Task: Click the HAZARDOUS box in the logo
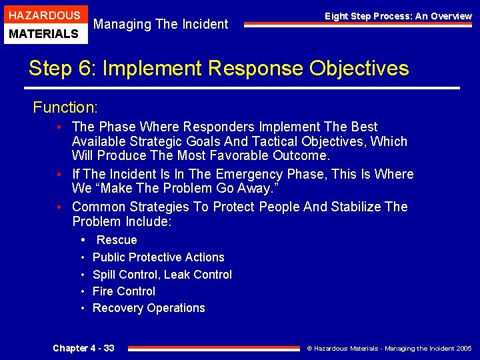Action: [x=44, y=15]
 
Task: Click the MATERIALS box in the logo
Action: [x=44, y=33]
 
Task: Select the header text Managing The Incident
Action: [x=161, y=25]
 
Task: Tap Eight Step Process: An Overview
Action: [x=398, y=16]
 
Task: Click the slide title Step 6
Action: [x=219, y=68]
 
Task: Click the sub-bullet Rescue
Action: [x=117, y=240]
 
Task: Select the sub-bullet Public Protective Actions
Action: [x=158, y=257]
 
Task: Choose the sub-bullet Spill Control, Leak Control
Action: [x=162, y=275]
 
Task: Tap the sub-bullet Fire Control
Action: [x=124, y=291]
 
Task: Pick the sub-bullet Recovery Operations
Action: [x=149, y=308]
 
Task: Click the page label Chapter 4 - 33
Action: [x=83, y=348]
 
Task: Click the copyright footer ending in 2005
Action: [x=389, y=348]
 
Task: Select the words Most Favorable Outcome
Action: [x=253, y=156]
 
